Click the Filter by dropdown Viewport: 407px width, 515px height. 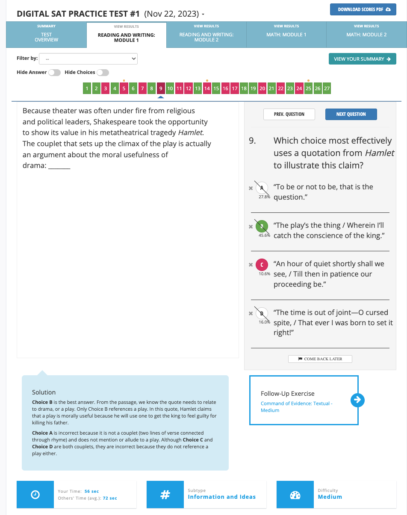click(88, 59)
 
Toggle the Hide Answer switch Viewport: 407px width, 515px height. click(54, 73)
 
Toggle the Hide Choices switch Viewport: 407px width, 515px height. click(103, 73)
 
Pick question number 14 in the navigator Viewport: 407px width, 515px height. click(207, 89)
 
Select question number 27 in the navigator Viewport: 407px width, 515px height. click(327, 89)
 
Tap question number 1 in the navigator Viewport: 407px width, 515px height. click(87, 89)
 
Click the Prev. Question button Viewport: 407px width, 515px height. click(289, 115)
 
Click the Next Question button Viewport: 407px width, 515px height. click(351, 115)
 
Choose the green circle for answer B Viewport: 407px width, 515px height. click(262, 226)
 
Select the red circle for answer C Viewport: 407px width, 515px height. click(262, 265)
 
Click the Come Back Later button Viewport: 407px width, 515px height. click(320, 359)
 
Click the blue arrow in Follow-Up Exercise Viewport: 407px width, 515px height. click(357, 400)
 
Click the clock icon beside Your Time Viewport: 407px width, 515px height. click(35, 494)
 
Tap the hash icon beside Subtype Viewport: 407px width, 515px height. click(165, 494)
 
